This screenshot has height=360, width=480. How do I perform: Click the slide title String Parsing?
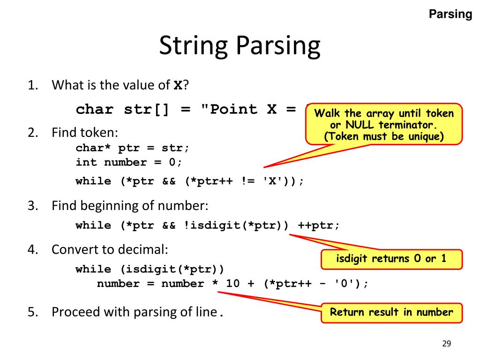(240, 46)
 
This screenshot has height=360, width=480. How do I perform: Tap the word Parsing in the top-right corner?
(450, 15)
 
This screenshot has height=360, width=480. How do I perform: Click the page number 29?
(446, 344)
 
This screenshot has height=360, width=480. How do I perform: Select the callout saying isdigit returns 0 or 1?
(391, 259)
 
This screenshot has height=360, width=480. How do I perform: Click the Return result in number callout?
(391, 313)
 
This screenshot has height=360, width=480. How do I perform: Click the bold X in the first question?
(178, 85)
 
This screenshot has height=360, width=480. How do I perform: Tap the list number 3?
(32, 205)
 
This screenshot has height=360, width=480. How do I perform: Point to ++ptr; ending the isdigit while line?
(318, 225)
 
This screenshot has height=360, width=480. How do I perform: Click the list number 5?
(32, 312)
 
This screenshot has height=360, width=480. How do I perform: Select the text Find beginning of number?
(129, 205)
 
